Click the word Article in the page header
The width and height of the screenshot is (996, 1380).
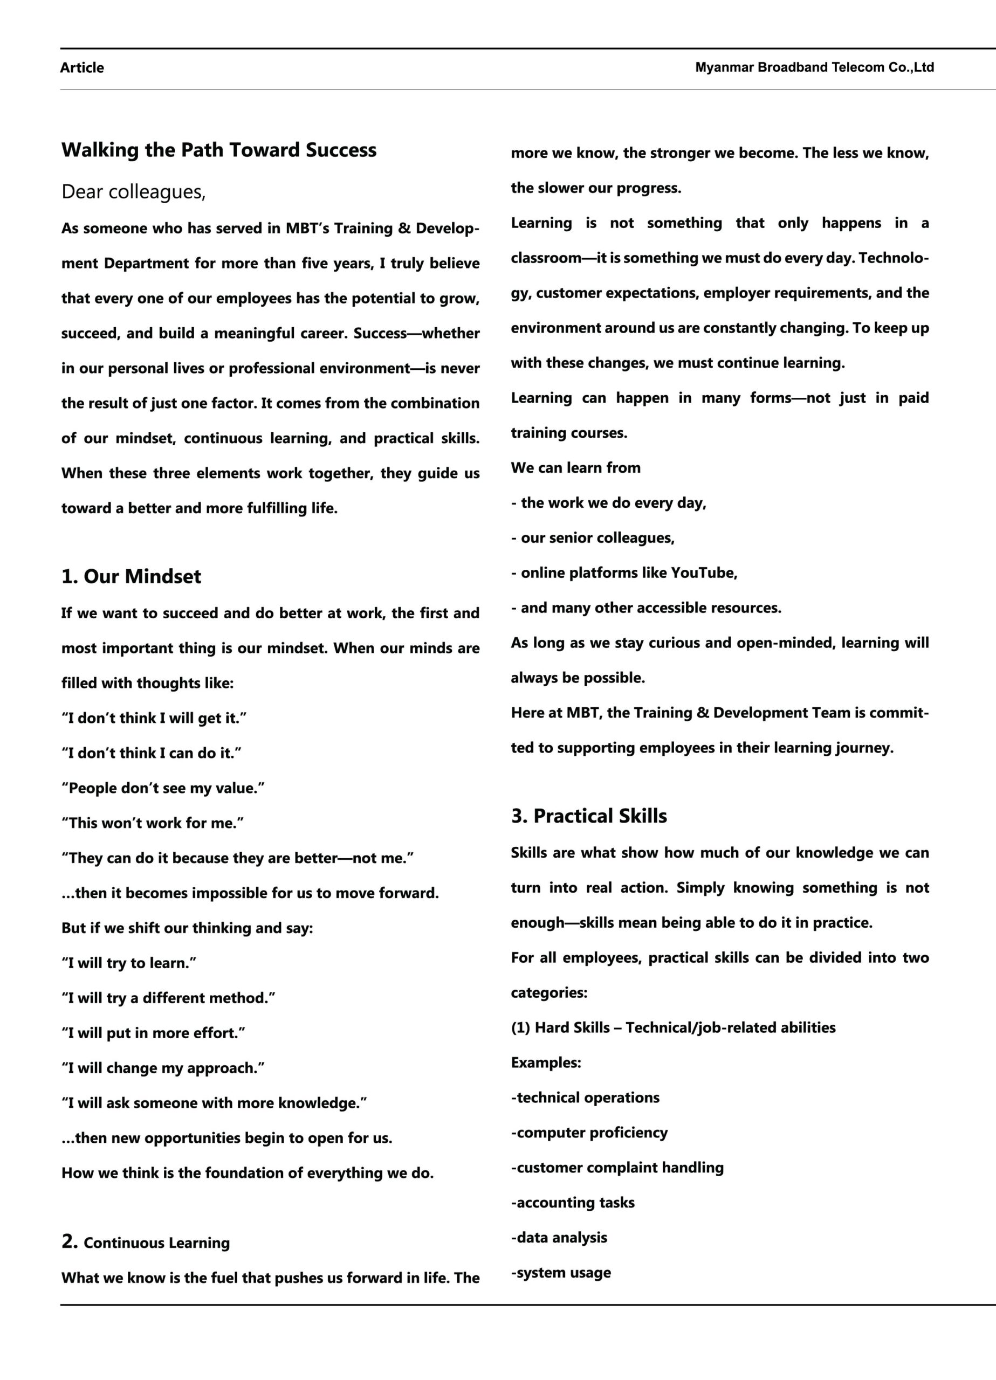pyautogui.click(x=81, y=67)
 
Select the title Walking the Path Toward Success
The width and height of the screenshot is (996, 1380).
pyautogui.click(x=218, y=150)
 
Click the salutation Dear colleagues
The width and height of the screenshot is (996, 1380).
pyautogui.click(x=133, y=192)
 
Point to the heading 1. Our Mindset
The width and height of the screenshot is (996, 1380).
pyautogui.click(x=131, y=576)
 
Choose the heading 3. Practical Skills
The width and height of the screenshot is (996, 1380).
pyautogui.click(x=589, y=816)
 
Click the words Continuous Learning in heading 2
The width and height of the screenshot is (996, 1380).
pyautogui.click(x=156, y=1243)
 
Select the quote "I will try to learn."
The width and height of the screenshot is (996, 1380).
pyautogui.click(x=128, y=963)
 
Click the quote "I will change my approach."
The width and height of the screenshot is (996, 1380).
pyautogui.click(x=162, y=1068)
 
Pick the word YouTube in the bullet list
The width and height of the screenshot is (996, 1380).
pyautogui.click(x=703, y=572)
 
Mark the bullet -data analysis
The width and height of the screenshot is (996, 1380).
pyautogui.click(x=559, y=1237)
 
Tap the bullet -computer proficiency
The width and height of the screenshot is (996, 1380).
pyautogui.click(x=589, y=1133)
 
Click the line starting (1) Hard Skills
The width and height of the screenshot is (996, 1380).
pyautogui.click(x=673, y=1027)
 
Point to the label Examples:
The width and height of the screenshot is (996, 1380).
pyautogui.click(x=546, y=1062)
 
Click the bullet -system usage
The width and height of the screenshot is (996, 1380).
pyautogui.click(x=561, y=1272)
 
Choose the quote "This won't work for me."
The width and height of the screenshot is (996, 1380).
pyautogui.click(x=152, y=823)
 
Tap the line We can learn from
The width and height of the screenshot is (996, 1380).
pyautogui.click(x=575, y=468)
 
